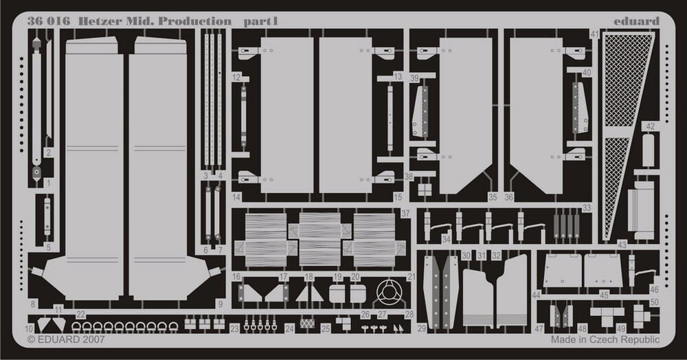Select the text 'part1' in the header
(260, 21)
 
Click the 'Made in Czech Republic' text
(605, 339)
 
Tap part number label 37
(405, 214)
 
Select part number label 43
(622, 244)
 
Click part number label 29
(422, 328)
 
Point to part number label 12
(236, 77)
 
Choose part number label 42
(650, 126)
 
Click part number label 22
(80, 314)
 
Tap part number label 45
(603, 295)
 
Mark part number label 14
(236, 197)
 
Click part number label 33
(586, 207)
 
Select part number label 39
(414, 79)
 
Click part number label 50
(654, 302)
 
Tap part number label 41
(594, 34)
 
